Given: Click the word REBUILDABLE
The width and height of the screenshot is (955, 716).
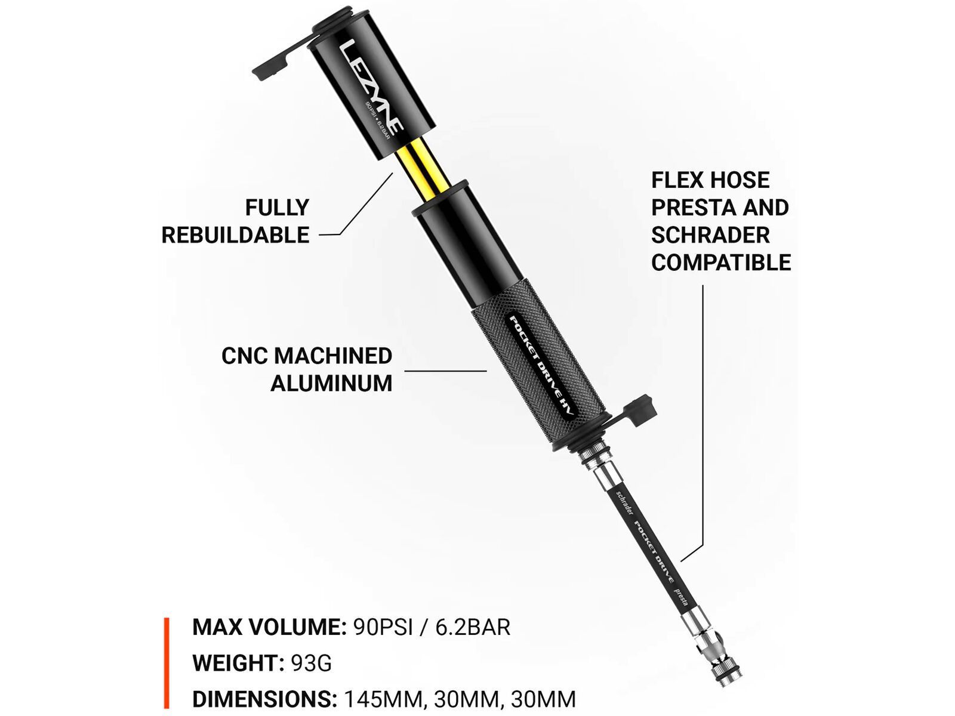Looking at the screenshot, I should coord(235,235).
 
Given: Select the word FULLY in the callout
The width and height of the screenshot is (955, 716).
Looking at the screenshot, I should coord(277,208).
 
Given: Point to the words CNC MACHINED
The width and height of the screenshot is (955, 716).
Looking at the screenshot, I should coord(307,356).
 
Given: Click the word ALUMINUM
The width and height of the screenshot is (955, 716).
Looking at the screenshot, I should coord(331,383).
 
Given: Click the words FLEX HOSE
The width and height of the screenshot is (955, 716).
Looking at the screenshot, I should coord(710,180).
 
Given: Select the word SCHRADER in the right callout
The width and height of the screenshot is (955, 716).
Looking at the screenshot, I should coord(710,235).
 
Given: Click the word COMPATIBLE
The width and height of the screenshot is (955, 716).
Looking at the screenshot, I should coord(720,263).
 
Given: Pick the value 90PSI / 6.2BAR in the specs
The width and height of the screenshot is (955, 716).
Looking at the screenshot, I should coord(432,628).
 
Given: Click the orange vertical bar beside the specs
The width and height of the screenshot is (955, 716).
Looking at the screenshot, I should coord(167,662).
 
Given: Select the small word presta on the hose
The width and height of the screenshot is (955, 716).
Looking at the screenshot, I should coord(681,597).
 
